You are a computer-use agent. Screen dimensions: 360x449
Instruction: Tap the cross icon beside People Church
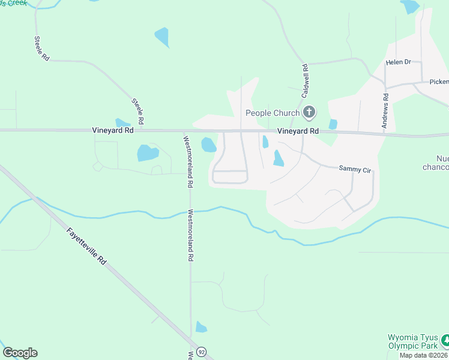click(309, 112)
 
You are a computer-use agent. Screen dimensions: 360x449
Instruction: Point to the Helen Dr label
click(399, 62)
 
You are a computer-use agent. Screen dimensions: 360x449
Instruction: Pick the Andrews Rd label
click(385, 112)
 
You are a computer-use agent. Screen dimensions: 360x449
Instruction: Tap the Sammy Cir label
click(355, 170)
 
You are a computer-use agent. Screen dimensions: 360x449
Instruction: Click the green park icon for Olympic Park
click(445, 341)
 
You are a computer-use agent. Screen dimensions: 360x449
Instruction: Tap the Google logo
click(20, 353)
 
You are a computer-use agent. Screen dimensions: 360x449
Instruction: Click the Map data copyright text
click(424, 355)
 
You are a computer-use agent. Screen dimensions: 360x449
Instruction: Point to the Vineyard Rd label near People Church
click(298, 131)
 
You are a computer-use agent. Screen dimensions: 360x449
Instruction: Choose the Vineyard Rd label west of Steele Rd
click(112, 130)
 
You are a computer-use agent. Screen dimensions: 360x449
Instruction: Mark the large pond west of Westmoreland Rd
click(148, 153)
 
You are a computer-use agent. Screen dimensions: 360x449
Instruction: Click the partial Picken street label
click(439, 82)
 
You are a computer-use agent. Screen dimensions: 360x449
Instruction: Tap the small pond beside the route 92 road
click(200, 327)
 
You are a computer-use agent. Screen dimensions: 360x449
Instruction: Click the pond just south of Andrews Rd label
click(333, 124)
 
